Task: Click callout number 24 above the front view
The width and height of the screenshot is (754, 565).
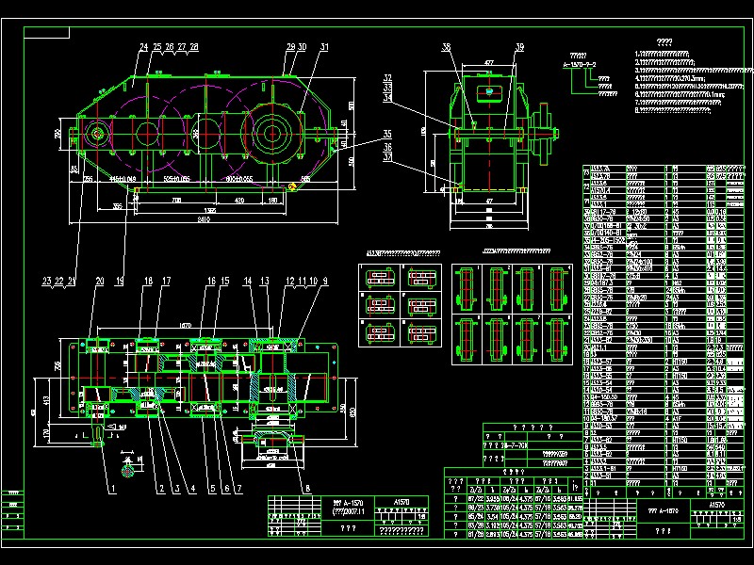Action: (x=144, y=46)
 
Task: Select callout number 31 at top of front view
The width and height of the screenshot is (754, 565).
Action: (x=324, y=46)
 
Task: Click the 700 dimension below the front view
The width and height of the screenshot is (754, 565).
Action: (x=175, y=201)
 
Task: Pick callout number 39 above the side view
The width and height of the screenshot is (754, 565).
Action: (x=519, y=47)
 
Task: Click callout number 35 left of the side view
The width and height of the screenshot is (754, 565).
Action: (x=387, y=133)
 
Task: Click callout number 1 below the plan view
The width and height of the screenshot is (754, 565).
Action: (x=110, y=488)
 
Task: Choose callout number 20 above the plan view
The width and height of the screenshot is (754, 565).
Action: (x=100, y=281)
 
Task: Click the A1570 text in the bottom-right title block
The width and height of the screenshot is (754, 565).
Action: (x=715, y=506)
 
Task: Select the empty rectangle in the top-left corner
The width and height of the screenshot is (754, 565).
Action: (x=47, y=33)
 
